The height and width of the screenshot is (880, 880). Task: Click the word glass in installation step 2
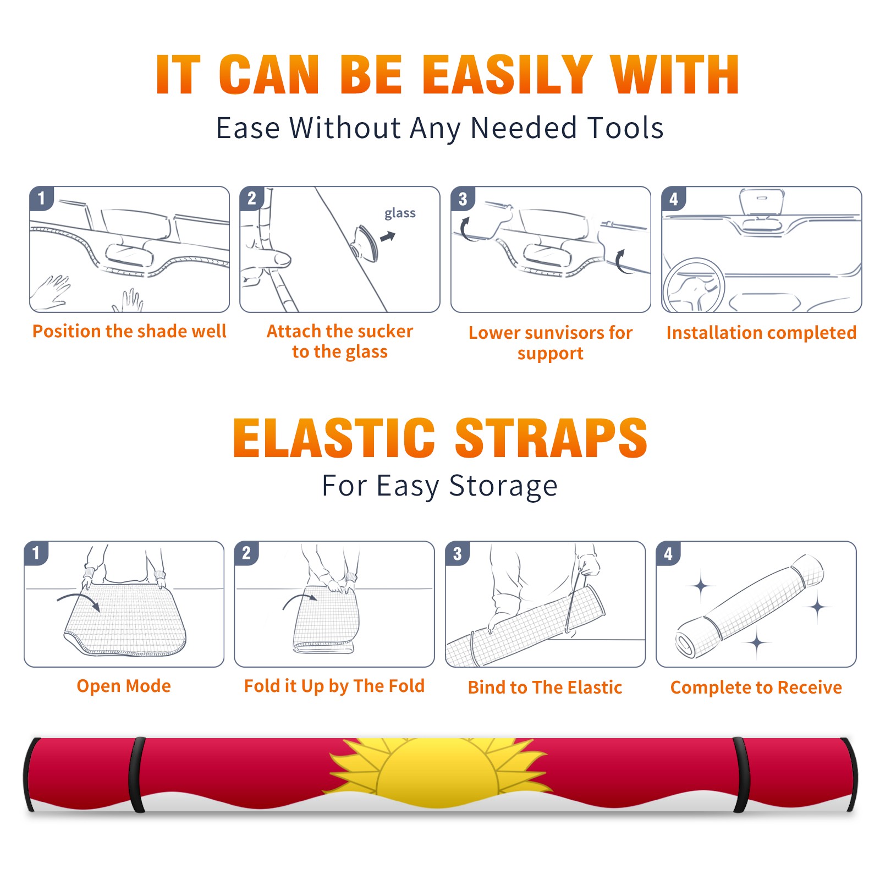tap(400, 213)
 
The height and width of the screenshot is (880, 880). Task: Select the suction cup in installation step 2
tap(365, 243)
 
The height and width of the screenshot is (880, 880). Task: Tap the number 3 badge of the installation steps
tap(463, 199)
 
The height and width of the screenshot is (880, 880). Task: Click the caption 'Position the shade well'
tap(129, 331)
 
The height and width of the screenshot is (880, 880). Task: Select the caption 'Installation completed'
tap(761, 333)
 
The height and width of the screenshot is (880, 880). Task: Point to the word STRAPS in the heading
tap(551, 438)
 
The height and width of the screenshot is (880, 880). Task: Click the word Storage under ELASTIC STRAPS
tap(503, 486)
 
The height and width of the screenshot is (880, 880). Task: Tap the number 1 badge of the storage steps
tap(36, 553)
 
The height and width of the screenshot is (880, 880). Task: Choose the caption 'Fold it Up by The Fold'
tap(334, 686)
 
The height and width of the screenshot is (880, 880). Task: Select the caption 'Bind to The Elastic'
tap(545, 687)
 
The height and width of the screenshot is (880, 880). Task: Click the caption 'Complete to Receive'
tap(756, 687)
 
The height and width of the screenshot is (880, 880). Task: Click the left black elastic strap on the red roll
tap(137, 774)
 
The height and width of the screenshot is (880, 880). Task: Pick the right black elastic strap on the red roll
tap(741, 774)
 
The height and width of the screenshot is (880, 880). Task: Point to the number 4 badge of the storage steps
tap(668, 553)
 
